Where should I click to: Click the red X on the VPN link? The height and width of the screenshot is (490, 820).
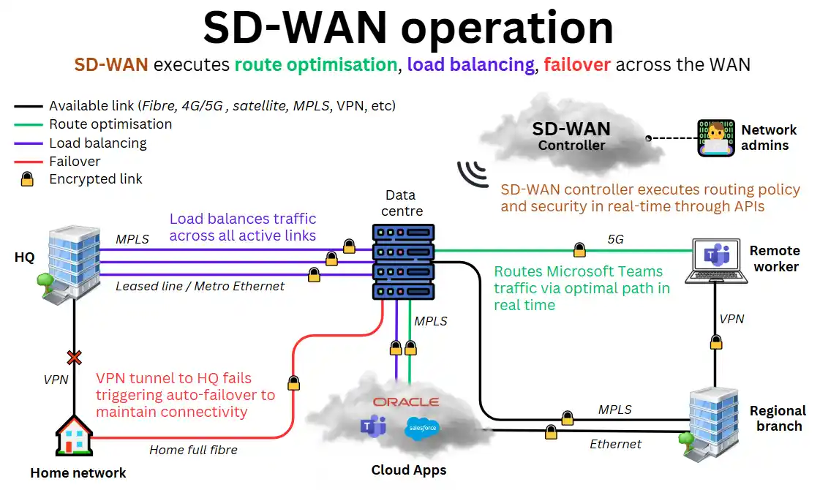point(74,358)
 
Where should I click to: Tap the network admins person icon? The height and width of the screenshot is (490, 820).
point(715,138)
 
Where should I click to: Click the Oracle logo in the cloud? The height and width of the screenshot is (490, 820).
point(405,402)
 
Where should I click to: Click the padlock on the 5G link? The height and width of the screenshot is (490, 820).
point(579,250)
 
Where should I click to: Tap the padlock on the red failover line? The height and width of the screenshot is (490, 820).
point(293,382)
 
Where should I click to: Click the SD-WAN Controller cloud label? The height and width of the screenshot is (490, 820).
point(571,137)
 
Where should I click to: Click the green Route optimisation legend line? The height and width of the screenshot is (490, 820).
point(28,124)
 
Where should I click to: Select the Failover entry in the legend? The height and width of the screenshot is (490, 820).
point(75,161)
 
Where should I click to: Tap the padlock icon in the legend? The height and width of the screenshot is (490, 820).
point(28,179)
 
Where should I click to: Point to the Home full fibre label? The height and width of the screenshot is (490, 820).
point(193,450)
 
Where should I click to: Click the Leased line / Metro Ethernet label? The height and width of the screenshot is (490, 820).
point(200,286)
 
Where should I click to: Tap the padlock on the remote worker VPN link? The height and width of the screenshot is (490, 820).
point(716,342)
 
